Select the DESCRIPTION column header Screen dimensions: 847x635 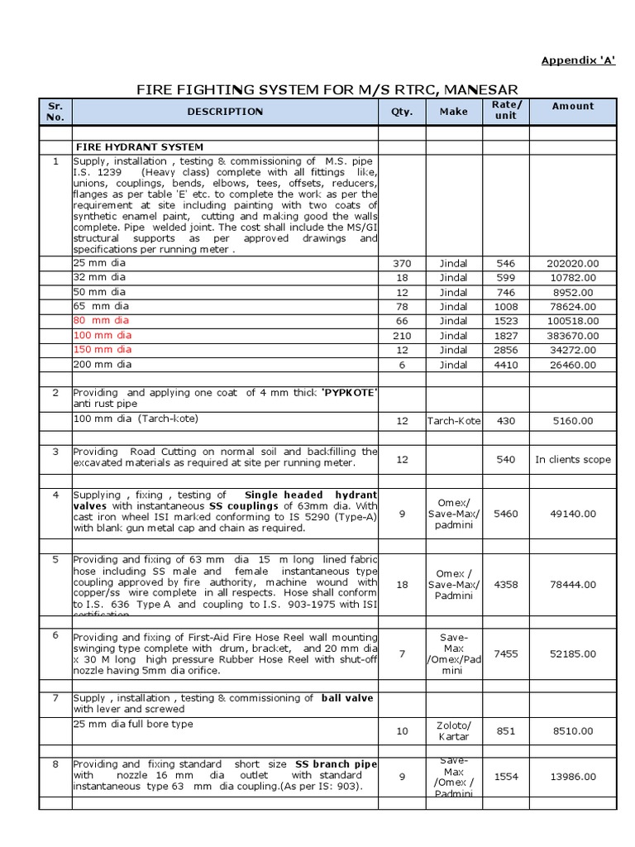coord(225,111)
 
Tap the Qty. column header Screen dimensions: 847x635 coord(402,111)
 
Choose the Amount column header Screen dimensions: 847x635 coord(573,106)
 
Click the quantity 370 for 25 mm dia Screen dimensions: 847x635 coord(402,264)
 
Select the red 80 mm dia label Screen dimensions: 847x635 coord(102,320)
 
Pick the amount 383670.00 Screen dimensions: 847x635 coord(573,336)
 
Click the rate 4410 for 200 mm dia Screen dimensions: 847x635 coord(505,364)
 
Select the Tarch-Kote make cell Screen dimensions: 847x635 coord(453,421)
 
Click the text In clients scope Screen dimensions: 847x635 coord(573,459)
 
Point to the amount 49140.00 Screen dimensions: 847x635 coord(573,514)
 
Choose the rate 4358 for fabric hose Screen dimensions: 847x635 coord(505,584)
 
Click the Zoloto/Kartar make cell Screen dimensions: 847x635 coord(453,730)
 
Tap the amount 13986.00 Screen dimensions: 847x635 coord(573,778)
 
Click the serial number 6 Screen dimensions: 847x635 coord(55,635)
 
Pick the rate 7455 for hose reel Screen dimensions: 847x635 coord(505,653)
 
